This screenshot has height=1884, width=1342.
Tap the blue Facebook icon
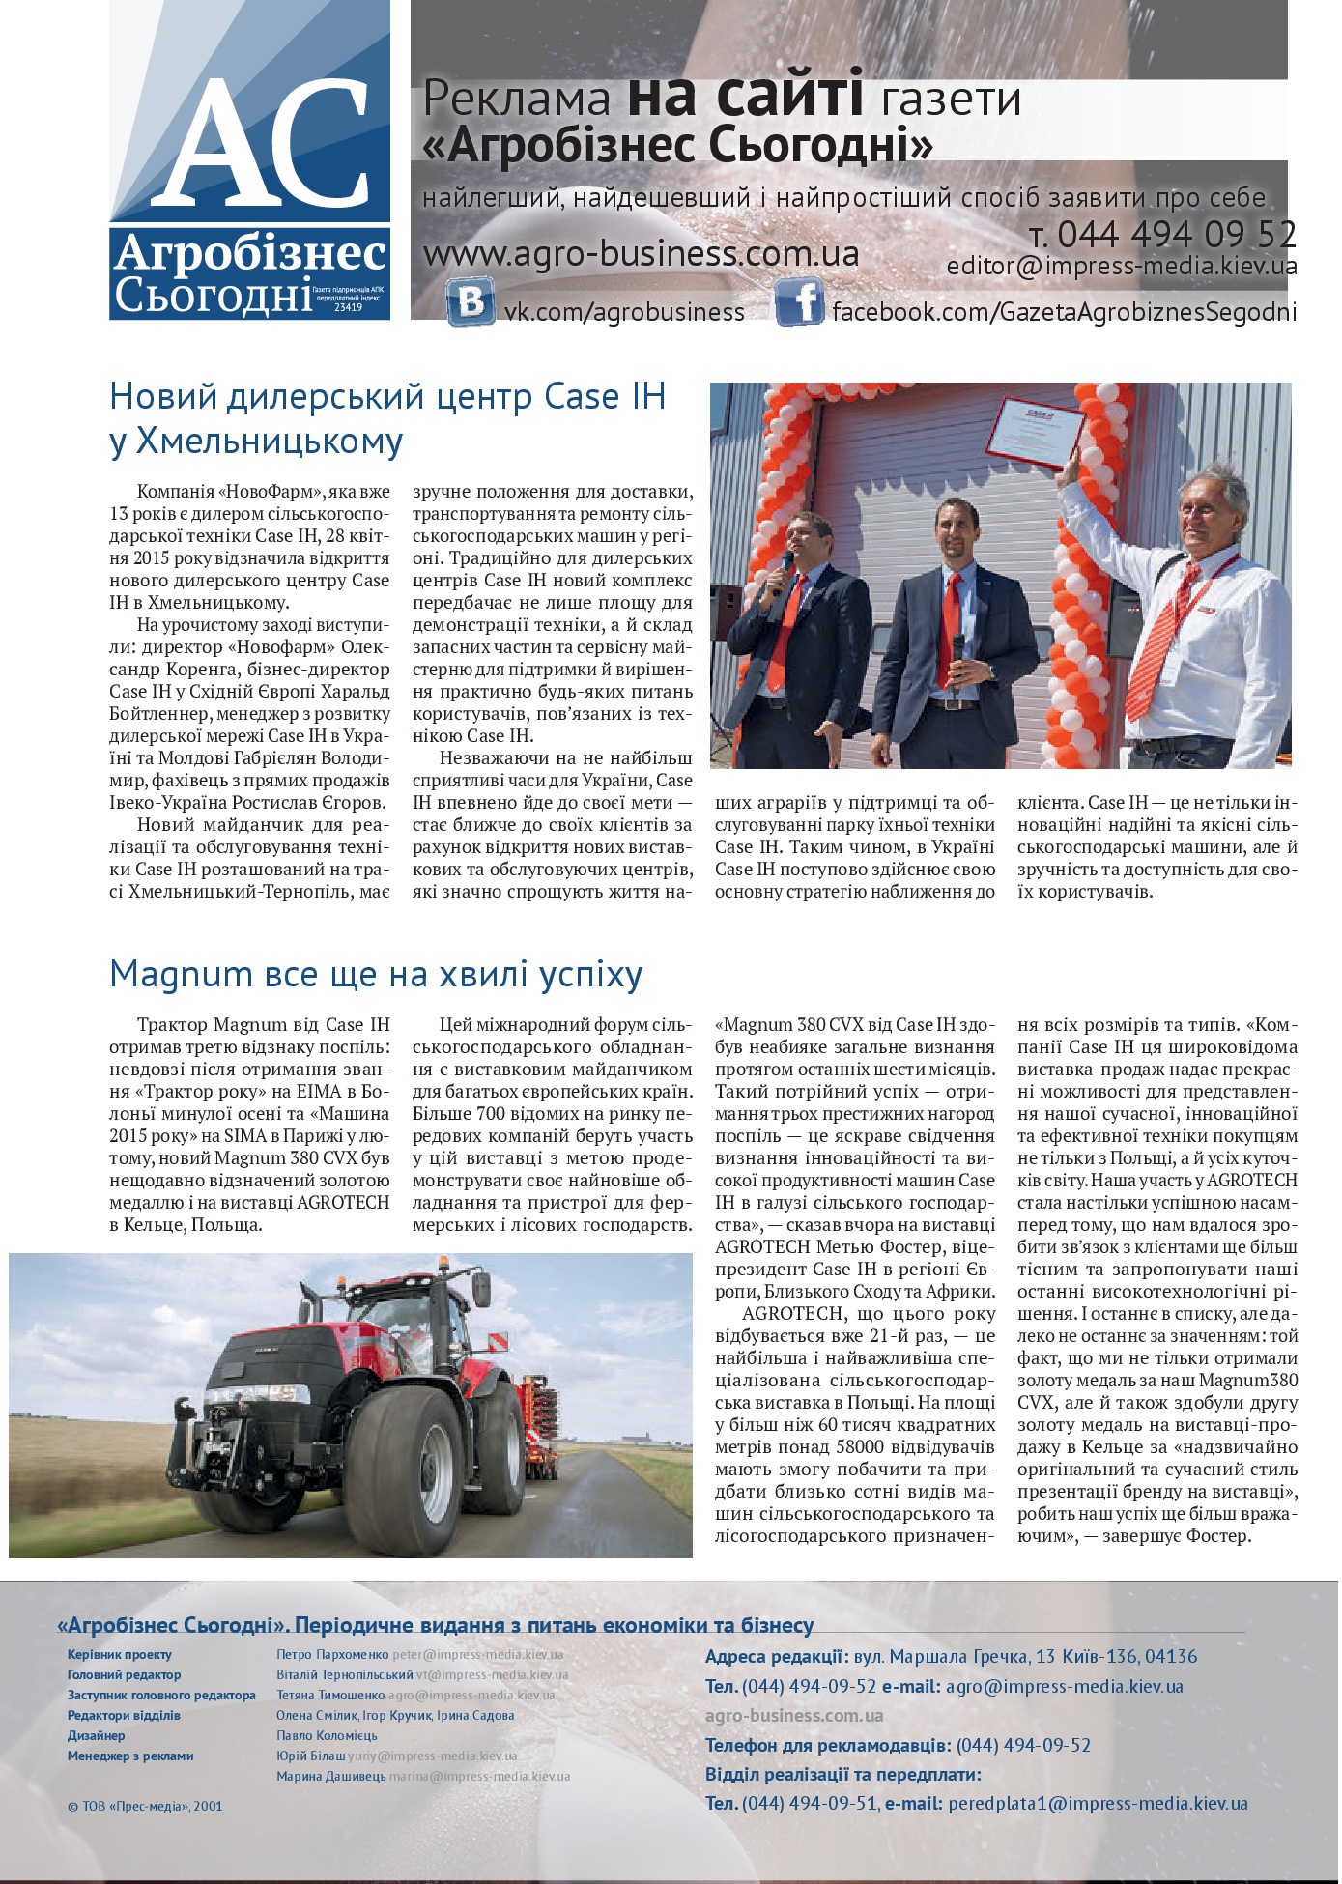click(x=798, y=302)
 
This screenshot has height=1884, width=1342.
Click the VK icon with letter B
click(x=471, y=302)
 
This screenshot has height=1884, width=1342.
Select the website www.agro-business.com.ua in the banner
click(x=642, y=254)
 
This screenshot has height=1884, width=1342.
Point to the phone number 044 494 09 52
click(x=1176, y=235)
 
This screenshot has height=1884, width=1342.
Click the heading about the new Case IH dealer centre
click(x=387, y=417)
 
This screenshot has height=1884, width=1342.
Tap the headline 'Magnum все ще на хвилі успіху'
click(x=376, y=974)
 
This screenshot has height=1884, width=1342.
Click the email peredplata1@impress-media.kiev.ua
click(x=1098, y=1803)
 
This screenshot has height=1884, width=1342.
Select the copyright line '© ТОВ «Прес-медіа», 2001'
click(x=145, y=1805)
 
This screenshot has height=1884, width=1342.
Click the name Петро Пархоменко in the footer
click(x=332, y=1655)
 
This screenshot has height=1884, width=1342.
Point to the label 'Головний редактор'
click(x=124, y=1675)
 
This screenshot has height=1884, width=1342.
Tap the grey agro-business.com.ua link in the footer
click(x=793, y=1716)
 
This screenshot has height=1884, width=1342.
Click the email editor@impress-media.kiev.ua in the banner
click(x=1121, y=267)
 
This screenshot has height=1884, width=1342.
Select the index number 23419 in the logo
click(x=348, y=307)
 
